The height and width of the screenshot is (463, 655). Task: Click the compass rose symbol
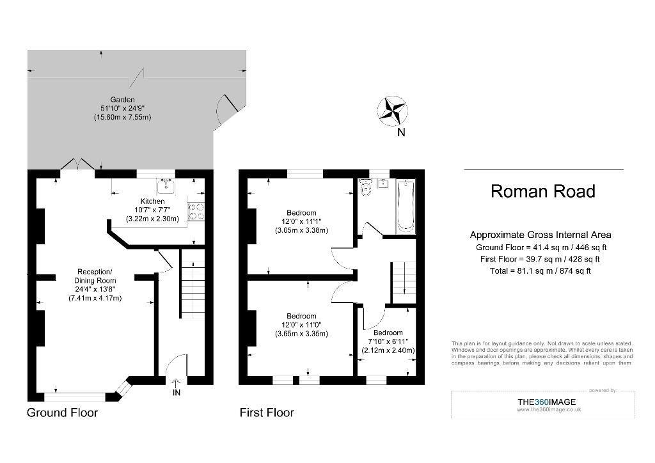click(393, 111)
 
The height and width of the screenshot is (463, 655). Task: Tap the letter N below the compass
click(401, 132)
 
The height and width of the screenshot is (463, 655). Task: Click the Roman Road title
click(542, 191)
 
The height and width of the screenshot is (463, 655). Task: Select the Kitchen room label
click(152, 201)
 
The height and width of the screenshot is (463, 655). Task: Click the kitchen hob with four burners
click(196, 211)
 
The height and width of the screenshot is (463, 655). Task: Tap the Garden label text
click(122, 100)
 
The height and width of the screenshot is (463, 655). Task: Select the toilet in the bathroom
click(365, 187)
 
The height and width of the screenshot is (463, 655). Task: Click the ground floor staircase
click(193, 284)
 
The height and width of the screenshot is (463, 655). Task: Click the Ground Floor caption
click(62, 412)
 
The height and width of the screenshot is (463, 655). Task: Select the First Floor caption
click(267, 412)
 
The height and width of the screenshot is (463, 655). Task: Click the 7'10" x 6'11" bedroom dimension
click(388, 341)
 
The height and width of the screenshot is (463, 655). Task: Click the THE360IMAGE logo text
click(546, 402)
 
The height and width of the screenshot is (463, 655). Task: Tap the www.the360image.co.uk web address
click(548, 409)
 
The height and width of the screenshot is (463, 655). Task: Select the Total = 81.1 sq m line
click(540, 271)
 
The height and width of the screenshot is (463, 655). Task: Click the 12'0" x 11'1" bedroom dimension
click(301, 221)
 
